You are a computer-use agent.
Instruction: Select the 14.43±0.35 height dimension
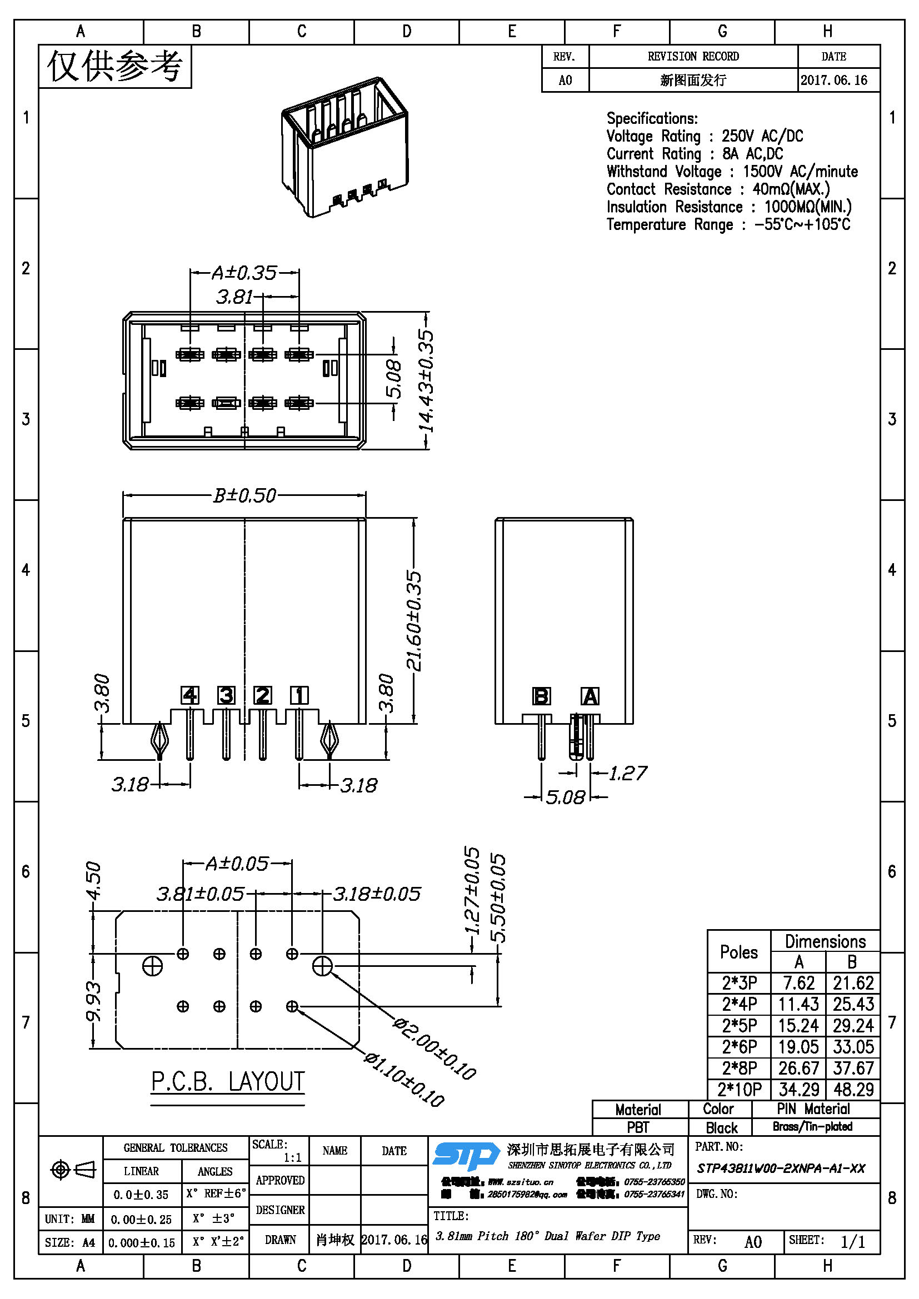click(427, 381)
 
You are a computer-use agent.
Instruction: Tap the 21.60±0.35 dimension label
click(414, 621)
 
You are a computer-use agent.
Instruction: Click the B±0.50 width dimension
click(244, 495)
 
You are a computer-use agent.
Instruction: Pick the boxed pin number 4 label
click(189, 695)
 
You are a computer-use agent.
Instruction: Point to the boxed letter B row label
click(541, 696)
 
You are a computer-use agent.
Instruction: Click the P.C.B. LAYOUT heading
click(227, 1082)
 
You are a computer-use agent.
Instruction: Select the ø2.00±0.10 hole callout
click(434, 1048)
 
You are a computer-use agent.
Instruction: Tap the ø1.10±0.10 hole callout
click(404, 1079)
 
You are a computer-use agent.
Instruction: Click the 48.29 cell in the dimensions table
click(853, 1089)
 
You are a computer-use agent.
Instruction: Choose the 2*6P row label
click(739, 1047)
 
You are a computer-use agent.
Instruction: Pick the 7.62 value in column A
click(798, 983)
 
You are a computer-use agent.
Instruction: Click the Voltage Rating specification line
click(705, 137)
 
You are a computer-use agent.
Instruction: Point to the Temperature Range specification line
click(728, 224)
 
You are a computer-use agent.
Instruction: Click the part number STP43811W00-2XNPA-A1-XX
click(781, 1168)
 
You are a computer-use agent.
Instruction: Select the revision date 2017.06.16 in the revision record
click(833, 81)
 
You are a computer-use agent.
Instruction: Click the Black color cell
click(722, 1127)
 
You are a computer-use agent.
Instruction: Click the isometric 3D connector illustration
click(344, 146)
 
